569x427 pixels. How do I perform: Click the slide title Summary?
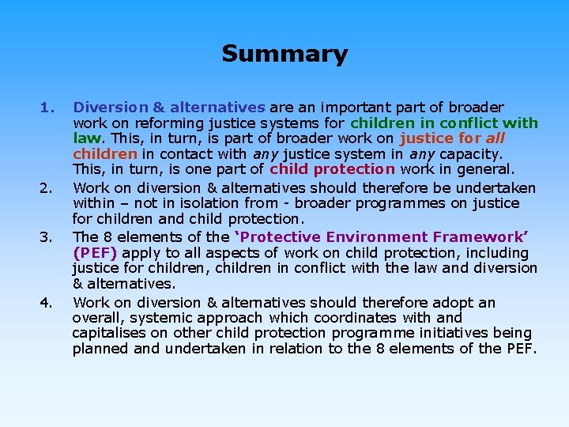click(284, 55)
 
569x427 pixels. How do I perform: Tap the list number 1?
click(47, 107)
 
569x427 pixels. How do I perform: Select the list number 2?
click(47, 188)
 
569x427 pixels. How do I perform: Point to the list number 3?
click(47, 237)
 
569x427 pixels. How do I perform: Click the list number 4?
click(47, 302)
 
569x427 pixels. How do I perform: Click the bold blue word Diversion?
click(106, 107)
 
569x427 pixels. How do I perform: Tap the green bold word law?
click(85, 138)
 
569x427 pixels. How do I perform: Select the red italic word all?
click(492, 138)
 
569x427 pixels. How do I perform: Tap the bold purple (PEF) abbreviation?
click(94, 253)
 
